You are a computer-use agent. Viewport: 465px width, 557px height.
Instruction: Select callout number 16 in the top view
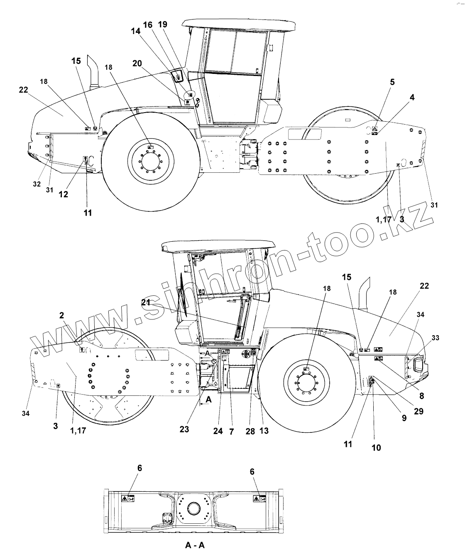[148, 25]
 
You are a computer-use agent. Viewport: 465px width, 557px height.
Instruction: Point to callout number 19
[163, 25]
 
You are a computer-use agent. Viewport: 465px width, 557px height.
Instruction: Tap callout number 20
[137, 63]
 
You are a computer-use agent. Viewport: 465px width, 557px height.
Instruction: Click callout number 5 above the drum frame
[392, 82]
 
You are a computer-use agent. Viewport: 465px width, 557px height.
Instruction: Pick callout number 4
[411, 97]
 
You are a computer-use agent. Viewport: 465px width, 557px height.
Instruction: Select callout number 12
[63, 194]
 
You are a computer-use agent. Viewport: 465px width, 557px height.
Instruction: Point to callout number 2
[62, 316]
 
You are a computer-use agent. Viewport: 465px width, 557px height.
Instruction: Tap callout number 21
[145, 303]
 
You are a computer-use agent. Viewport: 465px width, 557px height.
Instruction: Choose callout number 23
[184, 429]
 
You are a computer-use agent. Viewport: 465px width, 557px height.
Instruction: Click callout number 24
[218, 431]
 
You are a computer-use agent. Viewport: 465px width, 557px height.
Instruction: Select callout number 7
[232, 432]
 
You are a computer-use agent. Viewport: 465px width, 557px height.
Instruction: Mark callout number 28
[250, 431]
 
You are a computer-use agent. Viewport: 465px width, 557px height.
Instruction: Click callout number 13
[264, 431]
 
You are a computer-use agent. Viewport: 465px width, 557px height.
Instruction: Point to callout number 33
[435, 338]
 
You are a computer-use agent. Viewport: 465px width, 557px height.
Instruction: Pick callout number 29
[418, 411]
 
